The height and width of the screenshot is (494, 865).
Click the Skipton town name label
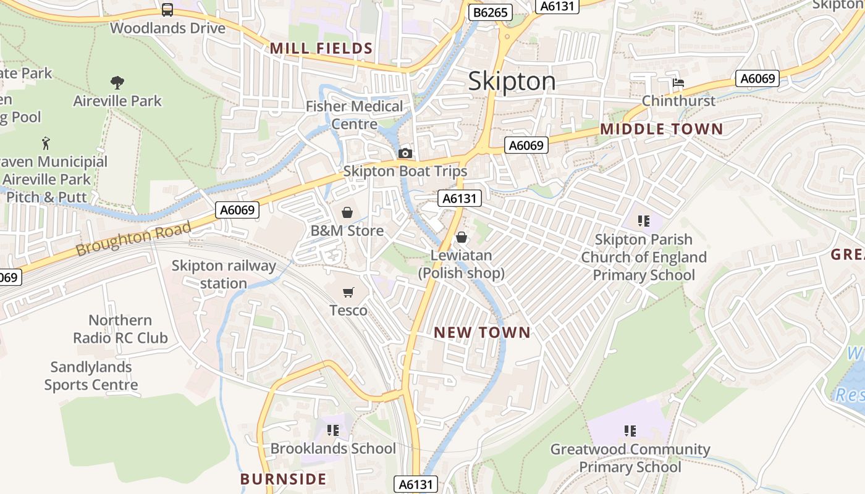pyautogui.click(x=512, y=82)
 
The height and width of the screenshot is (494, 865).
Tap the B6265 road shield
pyautogui.click(x=490, y=12)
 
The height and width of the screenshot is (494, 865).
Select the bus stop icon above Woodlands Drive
pyautogui.click(x=167, y=9)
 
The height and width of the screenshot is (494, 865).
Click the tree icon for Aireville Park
pyautogui.click(x=117, y=82)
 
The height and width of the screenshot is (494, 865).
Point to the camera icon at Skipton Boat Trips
pyautogui.click(x=405, y=153)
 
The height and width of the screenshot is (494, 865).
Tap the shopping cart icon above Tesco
pyautogui.click(x=348, y=292)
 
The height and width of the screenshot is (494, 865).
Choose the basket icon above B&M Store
pyautogui.click(x=347, y=212)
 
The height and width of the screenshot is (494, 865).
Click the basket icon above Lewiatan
pyautogui.click(x=461, y=237)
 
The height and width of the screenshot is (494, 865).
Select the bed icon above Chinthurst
pyautogui.click(x=678, y=83)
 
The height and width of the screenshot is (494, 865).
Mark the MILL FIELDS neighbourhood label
pyautogui.click(x=321, y=49)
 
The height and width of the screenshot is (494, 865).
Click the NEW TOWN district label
pyautogui.click(x=482, y=333)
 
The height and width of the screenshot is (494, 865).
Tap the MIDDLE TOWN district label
pyautogui.click(x=661, y=129)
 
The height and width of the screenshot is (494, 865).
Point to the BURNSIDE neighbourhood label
pyautogui.click(x=283, y=479)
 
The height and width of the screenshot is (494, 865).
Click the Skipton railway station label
pyautogui.click(x=224, y=274)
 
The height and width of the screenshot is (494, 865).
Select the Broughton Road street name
pyautogui.click(x=133, y=240)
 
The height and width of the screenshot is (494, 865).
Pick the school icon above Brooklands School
pyautogui.click(x=333, y=430)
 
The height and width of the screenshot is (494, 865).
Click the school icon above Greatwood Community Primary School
pyautogui.click(x=630, y=430)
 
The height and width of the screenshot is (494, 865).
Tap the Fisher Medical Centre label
pyautogui.click(x=354, y=115)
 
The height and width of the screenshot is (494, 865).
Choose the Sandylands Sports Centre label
pyautogui.click(x=91, y=375)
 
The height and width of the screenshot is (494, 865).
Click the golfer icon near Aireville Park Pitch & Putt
pyautogui.click(x=46, y=143)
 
